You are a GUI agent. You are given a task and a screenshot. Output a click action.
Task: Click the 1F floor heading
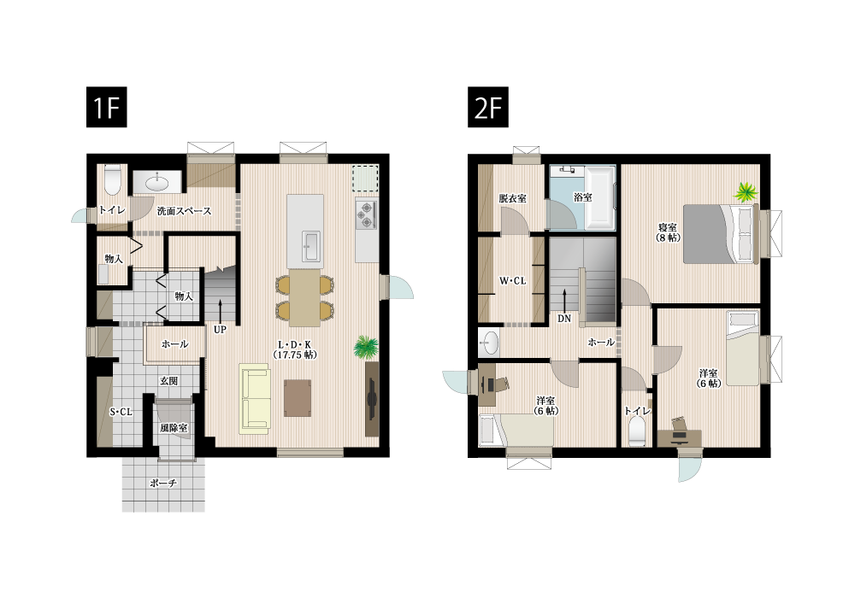(x=106, y=108)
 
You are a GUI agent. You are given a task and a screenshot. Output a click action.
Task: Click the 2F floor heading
(x=487, y=108)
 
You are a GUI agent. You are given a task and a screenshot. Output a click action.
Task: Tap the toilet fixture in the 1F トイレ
(x=112, y=180)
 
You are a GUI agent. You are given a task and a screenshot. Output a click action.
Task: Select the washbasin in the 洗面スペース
(x=157, y=182)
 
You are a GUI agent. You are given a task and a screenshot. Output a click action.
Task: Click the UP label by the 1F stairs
(x=220, y=329)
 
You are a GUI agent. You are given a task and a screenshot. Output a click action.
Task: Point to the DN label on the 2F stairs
(x=564, y=318)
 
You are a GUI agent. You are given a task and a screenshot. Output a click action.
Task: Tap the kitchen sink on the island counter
(x=311, y=245)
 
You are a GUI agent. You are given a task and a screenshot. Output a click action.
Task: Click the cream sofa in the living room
(x=255, y=400)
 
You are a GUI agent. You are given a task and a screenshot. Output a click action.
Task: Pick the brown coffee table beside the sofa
(x=298, y=397)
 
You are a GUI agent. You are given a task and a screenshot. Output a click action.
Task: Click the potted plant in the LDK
(x=366, y=346)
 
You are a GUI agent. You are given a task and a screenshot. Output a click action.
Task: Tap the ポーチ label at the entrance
(x=162, y=484)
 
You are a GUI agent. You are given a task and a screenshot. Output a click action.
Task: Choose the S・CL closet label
(x=121, y=412)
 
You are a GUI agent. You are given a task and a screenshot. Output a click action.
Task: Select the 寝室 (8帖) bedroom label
(x=668, y=232)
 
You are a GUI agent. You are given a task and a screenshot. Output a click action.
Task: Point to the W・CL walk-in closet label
(x=512, y=280)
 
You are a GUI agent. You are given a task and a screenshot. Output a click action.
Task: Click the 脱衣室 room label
(x=512, y=198)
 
